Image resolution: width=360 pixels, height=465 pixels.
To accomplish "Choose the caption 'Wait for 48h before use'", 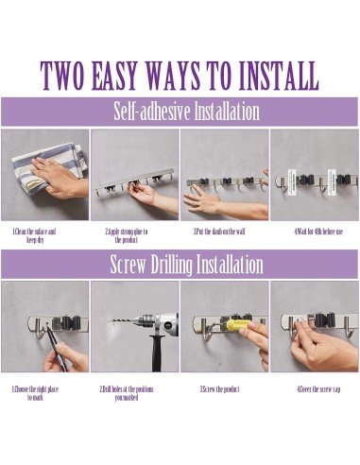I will [x=318, y=232].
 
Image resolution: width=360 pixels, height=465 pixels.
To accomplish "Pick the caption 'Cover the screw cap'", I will [x=318, y=388].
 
